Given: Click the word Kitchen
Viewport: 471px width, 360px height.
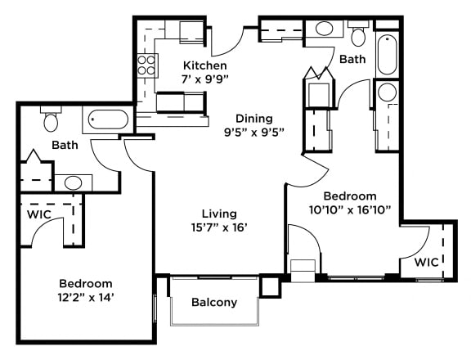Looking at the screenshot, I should (x=204, y=65).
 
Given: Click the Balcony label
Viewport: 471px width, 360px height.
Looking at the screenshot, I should (x=214, y=302).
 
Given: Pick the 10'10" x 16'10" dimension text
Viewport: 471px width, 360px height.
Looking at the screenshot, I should (x=349, y=210).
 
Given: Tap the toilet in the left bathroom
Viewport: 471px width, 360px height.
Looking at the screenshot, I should (x=51, y=121).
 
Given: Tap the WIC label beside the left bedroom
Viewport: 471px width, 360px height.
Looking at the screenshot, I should (x=39, y=214).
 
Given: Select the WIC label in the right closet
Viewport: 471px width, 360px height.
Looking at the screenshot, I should (x=426, y=262).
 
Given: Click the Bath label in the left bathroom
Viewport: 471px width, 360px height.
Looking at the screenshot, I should (x=65, y=146).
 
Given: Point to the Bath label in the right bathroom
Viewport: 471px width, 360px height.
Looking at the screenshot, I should (x=352, y=60).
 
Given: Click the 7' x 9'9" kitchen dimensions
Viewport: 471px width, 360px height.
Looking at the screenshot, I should (x=204, y=80).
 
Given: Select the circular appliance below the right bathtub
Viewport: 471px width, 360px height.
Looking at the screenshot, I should (x=387, y=92).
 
